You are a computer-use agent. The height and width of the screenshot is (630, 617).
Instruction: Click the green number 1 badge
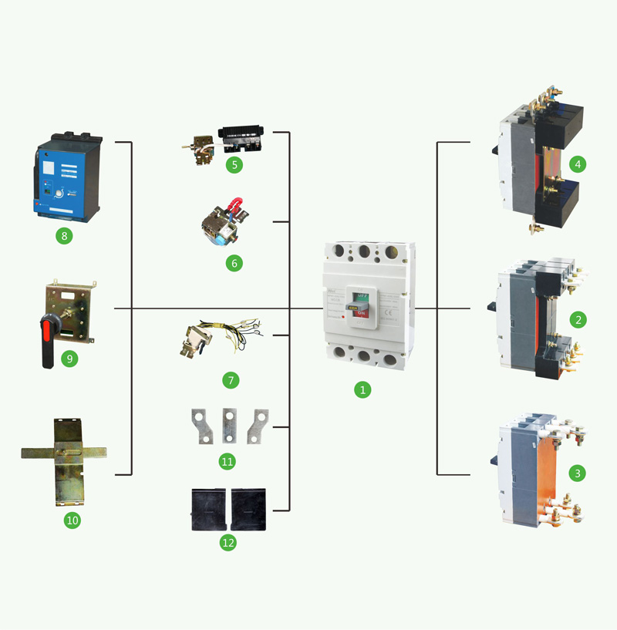tap(362, 389)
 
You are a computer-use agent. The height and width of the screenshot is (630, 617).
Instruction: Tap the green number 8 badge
tap(64, 235)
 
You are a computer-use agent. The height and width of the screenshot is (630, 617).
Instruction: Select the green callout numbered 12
tap(228, 542)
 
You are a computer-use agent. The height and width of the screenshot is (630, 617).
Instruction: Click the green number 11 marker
tap(227, 461)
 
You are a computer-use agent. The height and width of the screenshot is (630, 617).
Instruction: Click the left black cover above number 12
tap(208, 509)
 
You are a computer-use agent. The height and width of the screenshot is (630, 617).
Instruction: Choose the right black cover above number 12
tap(249, 509)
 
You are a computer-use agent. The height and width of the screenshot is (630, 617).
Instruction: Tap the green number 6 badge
tap(234, 263)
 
